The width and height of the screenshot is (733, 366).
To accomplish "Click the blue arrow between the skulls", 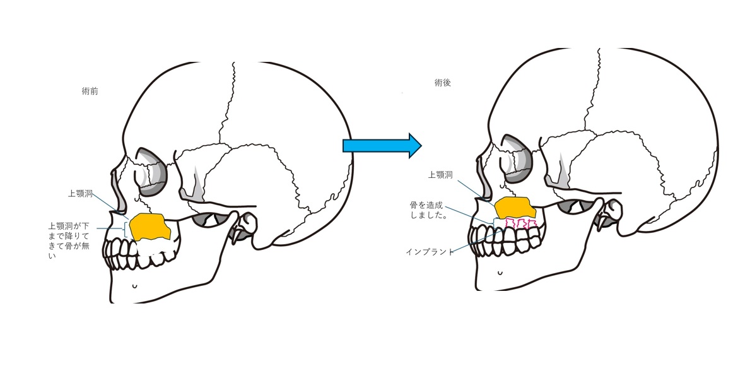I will coord(381,146).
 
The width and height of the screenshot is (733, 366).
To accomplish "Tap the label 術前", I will coord(90,91).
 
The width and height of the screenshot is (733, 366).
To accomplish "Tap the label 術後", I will coord(443,83).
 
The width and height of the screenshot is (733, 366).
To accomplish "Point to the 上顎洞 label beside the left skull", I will coord(81,194).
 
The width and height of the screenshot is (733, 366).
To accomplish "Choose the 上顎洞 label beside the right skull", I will coord(441,175).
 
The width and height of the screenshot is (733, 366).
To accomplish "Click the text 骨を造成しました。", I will coord(430,210).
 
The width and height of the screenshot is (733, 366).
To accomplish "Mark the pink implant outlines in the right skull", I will coord(522,224).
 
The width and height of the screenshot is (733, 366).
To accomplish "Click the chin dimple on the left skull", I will coord(134,286).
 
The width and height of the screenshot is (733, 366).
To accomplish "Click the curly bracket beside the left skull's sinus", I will coord(127,228).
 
